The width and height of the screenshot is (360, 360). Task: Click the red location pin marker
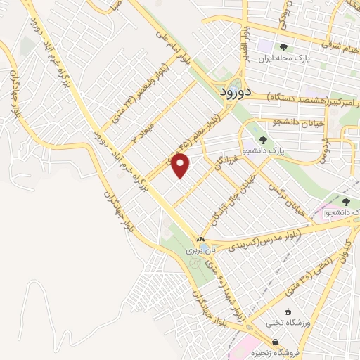[181, 165]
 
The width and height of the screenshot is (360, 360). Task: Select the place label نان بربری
[200, 250]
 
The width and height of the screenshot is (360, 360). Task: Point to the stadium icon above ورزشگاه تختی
[287, 311]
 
